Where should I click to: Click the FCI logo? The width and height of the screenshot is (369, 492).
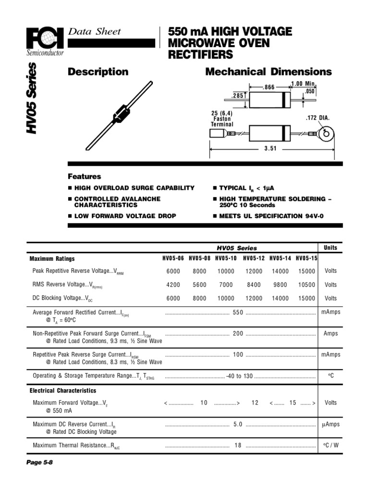click(x=46, y=37)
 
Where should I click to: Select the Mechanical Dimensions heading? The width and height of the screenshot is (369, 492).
click(x=268, y=72)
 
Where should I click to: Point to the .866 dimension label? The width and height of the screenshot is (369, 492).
click(x=269, y=88)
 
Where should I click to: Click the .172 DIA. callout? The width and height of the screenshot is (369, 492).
click(x=317, y=118)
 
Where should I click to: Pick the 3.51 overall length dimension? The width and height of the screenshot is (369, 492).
click(x=271, y=149)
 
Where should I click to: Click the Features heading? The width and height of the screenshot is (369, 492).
click(x=84, y=176)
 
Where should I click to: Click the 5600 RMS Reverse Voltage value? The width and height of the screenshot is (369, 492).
click(x=199, y=284)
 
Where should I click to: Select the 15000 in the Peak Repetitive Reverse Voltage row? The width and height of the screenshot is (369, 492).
click(x=306, y=271)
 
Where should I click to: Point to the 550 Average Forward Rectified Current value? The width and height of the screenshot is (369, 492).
click(x=238, y=312)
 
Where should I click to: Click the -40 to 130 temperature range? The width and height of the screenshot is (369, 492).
click(x=239, y=376)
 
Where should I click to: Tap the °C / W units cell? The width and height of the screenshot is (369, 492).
click(x=330, y=445)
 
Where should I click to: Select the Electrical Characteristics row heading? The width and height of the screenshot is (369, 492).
click(x=63, y=391)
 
